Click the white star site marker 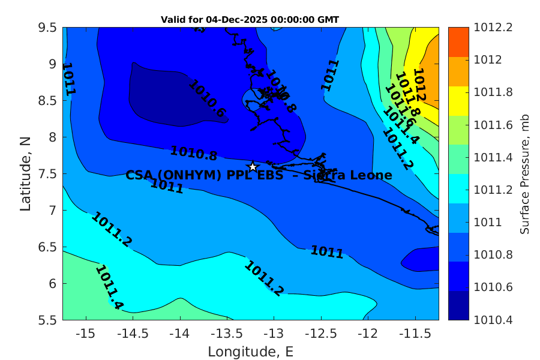click(x=253, y=167)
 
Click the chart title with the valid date click(x=250, y=20)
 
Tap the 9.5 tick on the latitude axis click(x=47, y=28)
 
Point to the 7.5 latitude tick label click(x=47, y=174)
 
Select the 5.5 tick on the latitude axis click(x=47, y=320)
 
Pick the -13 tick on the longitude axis click(x=274, y=332)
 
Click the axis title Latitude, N click(x=25, y=173)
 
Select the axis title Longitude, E click(x=250, y=351)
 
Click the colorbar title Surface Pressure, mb click(x=524, y=173)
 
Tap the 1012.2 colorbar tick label click(x=493, y=28)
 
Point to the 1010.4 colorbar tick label click(x=493, y=320)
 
